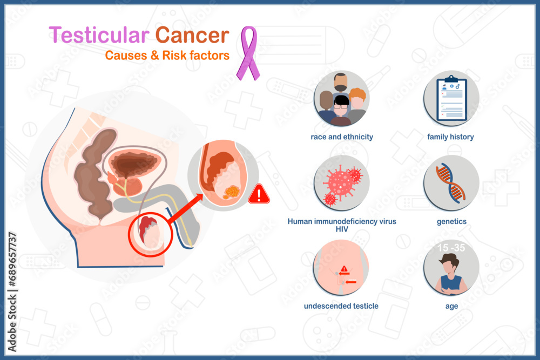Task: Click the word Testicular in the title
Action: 99,35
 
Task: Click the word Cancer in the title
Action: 192,35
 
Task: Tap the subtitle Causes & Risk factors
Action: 167,56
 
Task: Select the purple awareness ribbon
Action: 248,53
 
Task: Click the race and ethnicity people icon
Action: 341,99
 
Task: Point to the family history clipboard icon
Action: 451,99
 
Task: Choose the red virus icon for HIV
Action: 341,183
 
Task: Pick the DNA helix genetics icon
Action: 451,183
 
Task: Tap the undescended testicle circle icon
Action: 341,267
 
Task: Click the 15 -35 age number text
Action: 451,248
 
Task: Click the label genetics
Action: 451,222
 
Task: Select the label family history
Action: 450,137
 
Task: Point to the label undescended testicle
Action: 341,306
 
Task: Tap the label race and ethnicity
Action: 342,137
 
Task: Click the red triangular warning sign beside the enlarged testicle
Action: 259,194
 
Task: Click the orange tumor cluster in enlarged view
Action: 232,192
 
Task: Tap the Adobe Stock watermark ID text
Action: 12,292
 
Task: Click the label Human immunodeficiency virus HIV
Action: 342,225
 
